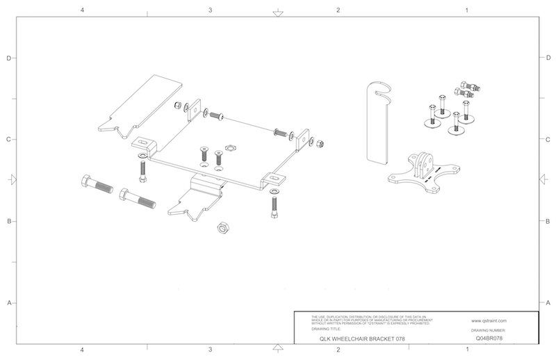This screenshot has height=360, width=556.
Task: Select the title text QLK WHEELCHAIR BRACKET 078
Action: [x=357, y=338]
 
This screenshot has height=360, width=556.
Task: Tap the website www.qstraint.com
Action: [x=489, y=321]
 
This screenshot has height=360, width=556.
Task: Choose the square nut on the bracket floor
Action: [x=230, y=149]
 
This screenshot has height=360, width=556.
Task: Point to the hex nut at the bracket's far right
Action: [x=319, y=144]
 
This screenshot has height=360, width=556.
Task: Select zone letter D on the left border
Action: [x=8, y=58]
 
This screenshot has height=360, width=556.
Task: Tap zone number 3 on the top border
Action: [x=210, y=10]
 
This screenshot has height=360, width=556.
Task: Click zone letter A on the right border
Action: [x=548, y=303]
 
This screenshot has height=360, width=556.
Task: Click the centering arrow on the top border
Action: [x=277, y=13]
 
